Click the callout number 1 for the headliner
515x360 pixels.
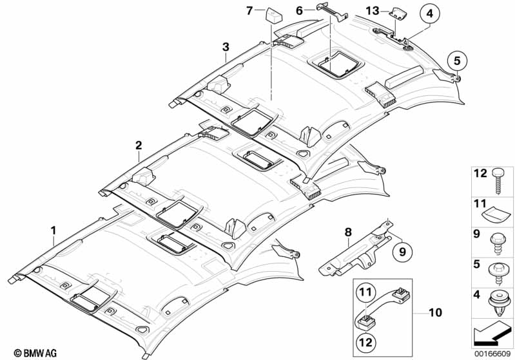point(54,229)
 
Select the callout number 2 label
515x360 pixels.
point(138,146)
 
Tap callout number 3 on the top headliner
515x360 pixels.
point(225,46)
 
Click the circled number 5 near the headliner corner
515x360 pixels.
point(456,61)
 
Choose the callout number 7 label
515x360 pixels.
point(250,10)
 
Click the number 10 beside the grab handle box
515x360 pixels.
point(365,296)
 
